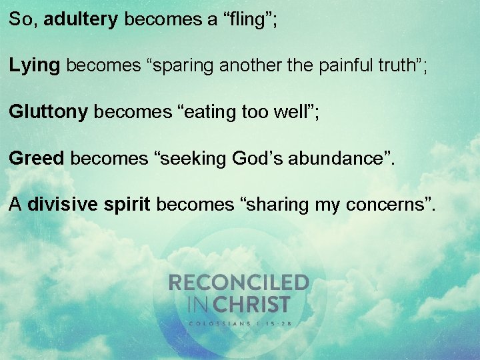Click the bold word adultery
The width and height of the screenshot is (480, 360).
pos(81,19)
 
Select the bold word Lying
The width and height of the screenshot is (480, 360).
pos(35,66)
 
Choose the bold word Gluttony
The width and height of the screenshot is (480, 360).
pos(49,112)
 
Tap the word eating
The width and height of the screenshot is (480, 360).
pos(215,112)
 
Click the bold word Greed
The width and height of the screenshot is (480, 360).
pos(37,158)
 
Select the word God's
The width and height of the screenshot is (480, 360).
pos(259,158)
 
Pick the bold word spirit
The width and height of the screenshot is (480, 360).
pos(127,205)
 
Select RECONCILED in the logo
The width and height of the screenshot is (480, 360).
pos(239,283)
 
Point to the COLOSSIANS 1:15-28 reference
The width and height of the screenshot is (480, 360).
pos(239,323)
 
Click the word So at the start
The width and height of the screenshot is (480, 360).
pos(21,19)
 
